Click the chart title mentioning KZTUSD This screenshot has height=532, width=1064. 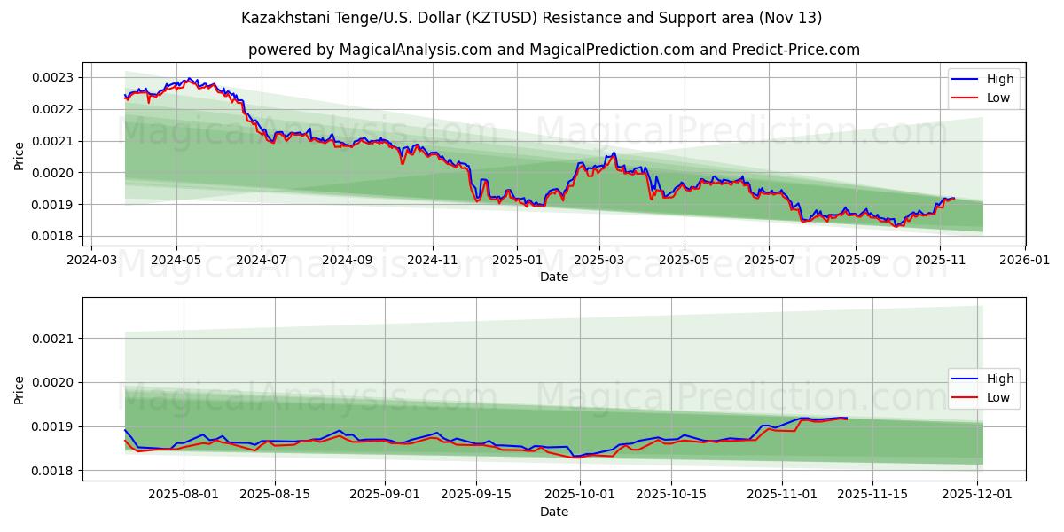tap(531, 18)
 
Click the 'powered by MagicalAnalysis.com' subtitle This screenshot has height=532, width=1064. tap(553, 50)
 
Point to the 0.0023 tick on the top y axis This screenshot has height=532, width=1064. tap(53, 77)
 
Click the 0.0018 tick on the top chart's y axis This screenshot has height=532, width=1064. tap(53, 237)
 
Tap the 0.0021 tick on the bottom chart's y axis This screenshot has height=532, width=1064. tap(53, 339)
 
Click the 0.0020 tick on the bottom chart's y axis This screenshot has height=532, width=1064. tap(53, 383)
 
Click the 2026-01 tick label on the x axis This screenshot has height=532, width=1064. tap(1024, 261)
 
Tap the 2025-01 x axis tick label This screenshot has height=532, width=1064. tap(515, 261)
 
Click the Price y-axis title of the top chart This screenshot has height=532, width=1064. tap(20, 155)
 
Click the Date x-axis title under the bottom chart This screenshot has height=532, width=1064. tap(553, 512)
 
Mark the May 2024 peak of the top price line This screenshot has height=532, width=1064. tap(188, 79)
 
